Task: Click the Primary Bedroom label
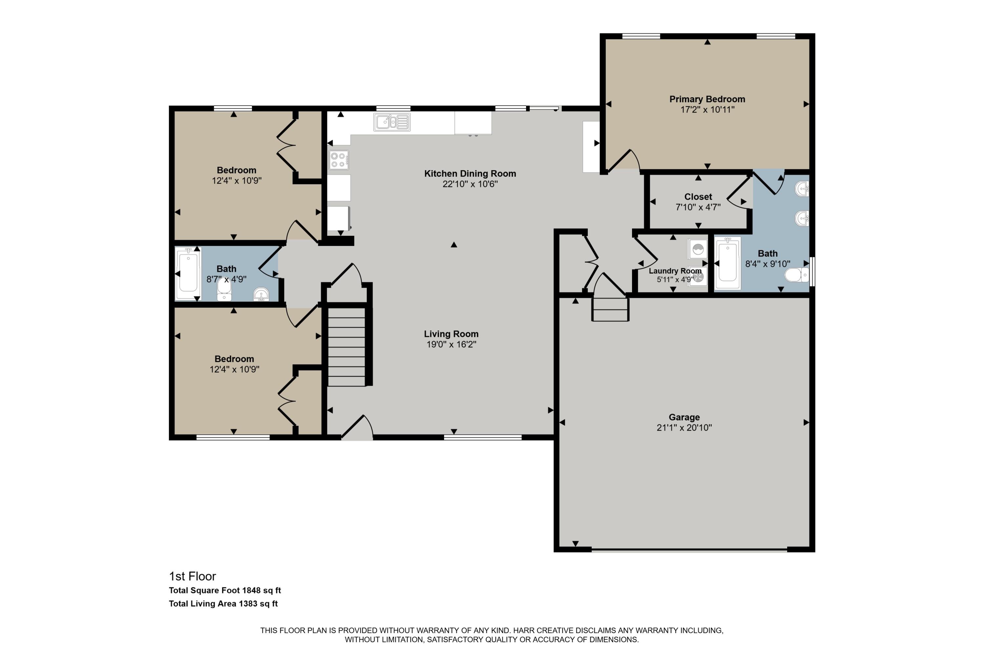707,99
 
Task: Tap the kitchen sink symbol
392,122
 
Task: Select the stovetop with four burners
338,160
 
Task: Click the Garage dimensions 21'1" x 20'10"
684,428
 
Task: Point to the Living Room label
451,334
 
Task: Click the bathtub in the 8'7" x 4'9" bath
188,273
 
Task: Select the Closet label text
698,196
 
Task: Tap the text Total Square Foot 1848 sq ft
225,590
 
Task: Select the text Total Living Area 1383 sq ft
223,604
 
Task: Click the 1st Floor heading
193,577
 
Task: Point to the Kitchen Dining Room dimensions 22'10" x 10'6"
470,184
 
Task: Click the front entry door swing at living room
358,428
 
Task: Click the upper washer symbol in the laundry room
698,249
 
